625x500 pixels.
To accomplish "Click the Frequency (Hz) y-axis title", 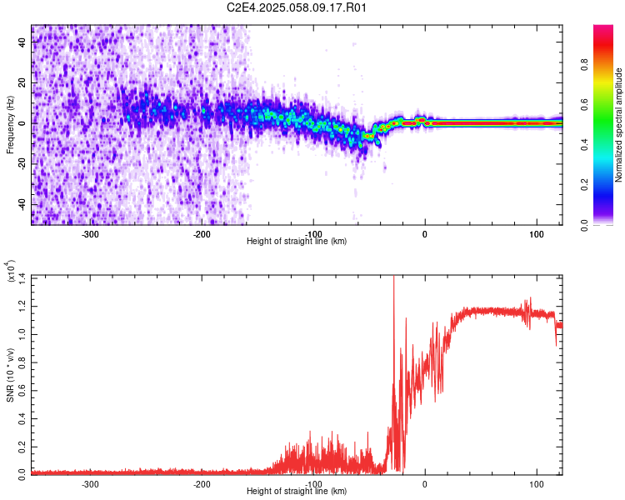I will (11, 125).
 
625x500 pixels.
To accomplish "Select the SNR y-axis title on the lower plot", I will (11, 374).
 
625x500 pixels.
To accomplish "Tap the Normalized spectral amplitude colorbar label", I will (619, 126).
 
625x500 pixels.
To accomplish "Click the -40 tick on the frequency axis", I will (21, 204).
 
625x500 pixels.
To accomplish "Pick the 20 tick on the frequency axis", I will (22, 83).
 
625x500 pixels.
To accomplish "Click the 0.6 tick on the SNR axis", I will (21, 389).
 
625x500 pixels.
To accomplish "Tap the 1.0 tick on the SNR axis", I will (21, 332).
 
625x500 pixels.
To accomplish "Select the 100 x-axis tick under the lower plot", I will (536, 483).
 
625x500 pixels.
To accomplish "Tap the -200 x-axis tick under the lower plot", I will (201, 483).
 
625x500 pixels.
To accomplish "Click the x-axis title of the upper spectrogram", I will (297, 242).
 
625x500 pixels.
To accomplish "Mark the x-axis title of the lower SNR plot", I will (297, 492).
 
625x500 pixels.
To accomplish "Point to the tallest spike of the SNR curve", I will (393, 280).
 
